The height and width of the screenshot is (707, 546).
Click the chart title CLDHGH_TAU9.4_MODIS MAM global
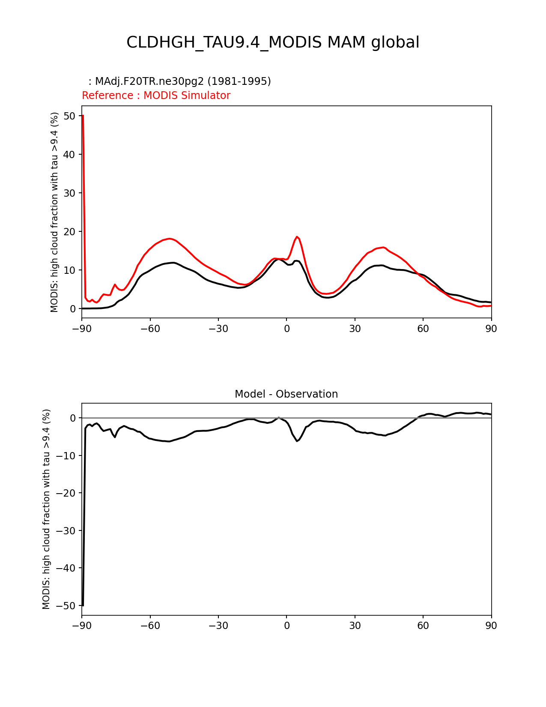pyautogui.click(x=273, y=42)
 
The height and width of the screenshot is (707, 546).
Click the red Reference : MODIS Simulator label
pyautogui.click(x=156, y=96)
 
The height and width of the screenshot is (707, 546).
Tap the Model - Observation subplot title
pyautogui.click(x=286, y=394)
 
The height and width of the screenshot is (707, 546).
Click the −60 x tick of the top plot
pyautogui.click(x=150, y=329)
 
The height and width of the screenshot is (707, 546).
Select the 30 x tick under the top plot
pyautogui.click(x=355, y=329)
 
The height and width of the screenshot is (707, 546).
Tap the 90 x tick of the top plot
pyautogui.click(x=491, y=329)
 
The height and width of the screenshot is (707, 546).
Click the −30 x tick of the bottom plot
pyautogui.click(x=218, y=626)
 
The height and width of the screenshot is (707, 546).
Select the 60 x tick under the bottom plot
pyautogui.click(x=423, y=626)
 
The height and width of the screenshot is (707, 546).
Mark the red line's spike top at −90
pyautogui.click(x=82, y=116)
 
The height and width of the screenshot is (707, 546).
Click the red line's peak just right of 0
pyautogui.click(x=297, y=237)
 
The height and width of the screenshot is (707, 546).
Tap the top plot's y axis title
pyautogui.click(x=54, y=212)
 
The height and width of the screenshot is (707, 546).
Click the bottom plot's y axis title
pyautogui.click(x=46, y=509)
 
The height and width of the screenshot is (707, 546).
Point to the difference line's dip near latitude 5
pyautogui.click(x=297, y=441)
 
